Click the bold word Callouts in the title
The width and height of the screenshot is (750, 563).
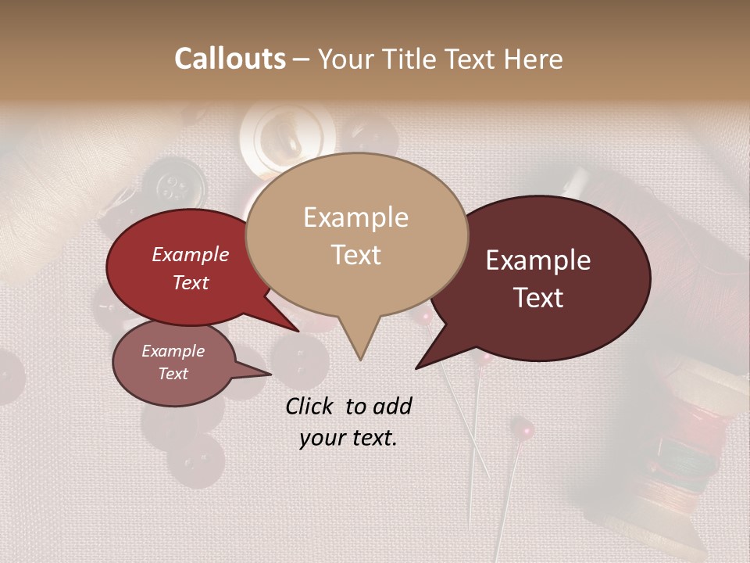click(230, 59)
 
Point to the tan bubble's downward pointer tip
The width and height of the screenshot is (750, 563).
click(360, 359)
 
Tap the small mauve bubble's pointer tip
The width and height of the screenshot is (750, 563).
click(270, 374)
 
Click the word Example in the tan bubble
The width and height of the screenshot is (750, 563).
click(355, 217)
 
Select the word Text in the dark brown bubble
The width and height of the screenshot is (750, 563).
click(539, 298)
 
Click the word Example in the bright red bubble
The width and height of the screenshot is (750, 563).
click(190, 254)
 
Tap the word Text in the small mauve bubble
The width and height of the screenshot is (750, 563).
click(173, 374)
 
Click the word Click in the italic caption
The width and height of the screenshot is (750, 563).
click(311, 406)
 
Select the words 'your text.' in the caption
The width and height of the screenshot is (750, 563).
click(348, 438)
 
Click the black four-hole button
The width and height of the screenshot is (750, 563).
click(173, 185)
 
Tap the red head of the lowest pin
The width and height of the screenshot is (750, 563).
click(522, 429)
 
